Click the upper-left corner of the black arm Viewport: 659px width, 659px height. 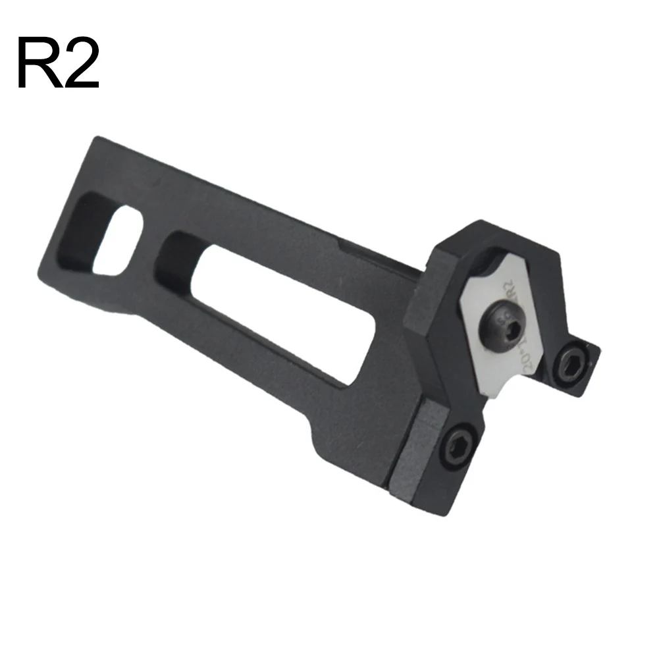96,138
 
